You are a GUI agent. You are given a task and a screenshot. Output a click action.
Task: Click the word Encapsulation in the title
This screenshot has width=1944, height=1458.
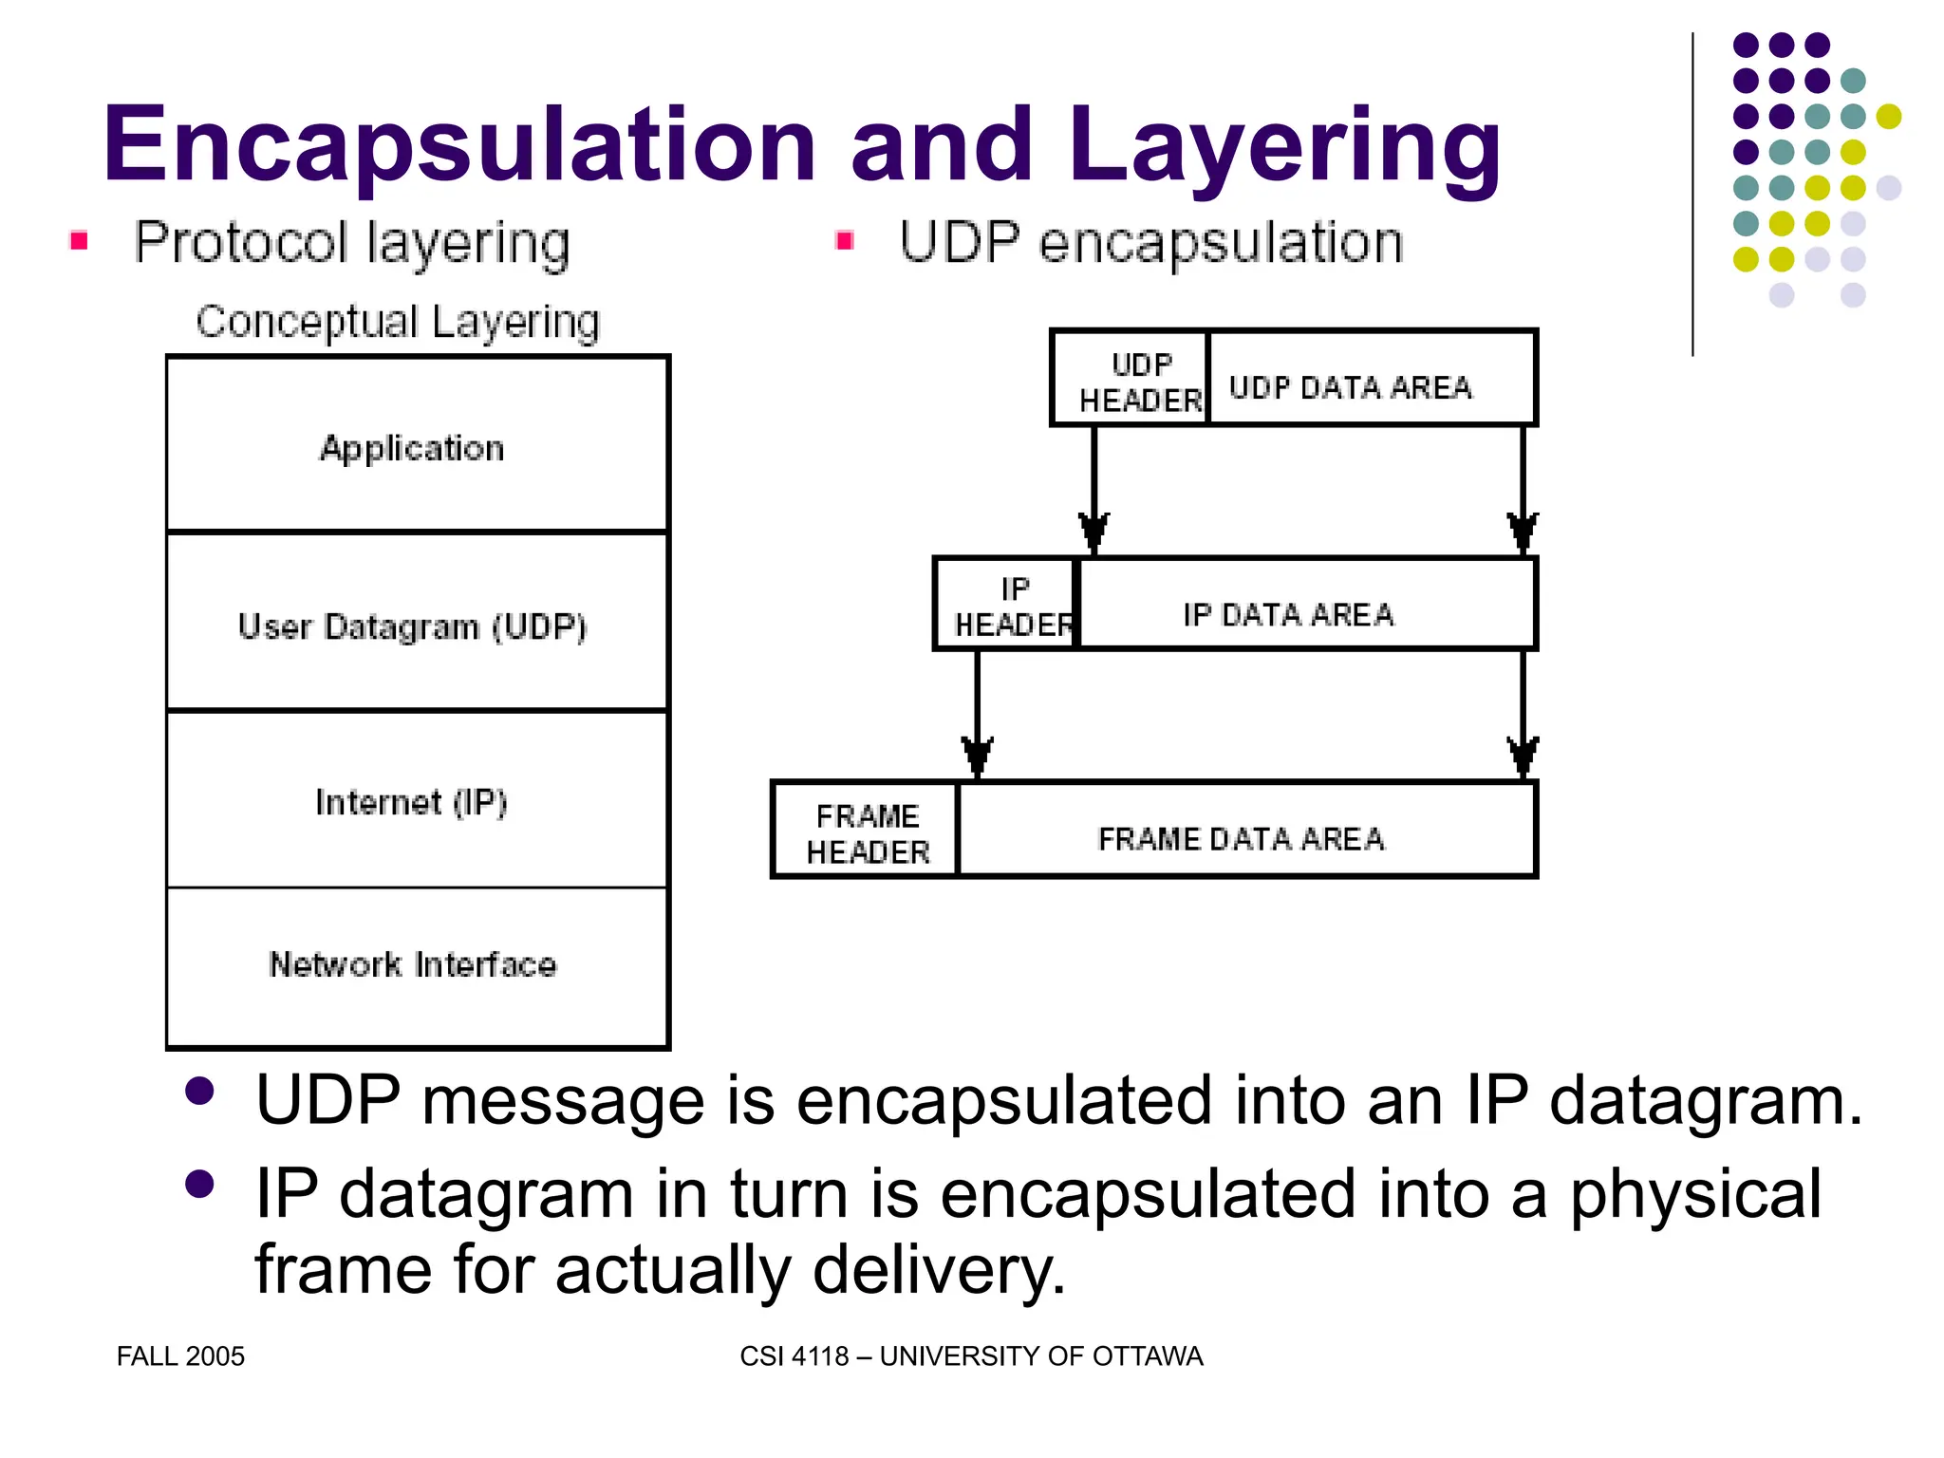(459, 144)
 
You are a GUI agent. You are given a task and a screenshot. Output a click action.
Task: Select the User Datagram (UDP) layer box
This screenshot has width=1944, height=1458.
(417, 623)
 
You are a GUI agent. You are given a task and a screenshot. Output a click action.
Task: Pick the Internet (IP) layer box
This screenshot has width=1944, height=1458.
(417, 799)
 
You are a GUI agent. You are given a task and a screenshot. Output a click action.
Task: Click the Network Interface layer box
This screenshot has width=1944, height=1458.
(417, 966)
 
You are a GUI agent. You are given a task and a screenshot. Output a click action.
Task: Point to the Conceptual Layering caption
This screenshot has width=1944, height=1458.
(398, 322)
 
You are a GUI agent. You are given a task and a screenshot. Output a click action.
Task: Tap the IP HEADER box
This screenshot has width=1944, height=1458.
(1006, 605)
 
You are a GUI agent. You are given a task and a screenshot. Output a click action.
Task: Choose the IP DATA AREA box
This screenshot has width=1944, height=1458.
(1306, 605)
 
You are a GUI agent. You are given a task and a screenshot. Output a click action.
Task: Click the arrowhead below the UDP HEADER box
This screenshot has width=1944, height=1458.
(1093, 532)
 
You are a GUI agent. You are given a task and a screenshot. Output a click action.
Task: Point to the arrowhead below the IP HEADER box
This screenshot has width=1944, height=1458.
(977, 756)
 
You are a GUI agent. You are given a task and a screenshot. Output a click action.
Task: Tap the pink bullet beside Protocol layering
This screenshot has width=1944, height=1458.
(80, 241)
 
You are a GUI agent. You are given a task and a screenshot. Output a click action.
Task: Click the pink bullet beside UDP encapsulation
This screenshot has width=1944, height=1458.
(845, 241)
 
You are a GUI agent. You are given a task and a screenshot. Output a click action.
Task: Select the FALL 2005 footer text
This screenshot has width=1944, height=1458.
(180, 1355)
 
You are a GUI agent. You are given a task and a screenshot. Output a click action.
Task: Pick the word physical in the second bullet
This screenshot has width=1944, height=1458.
(1695, 1194)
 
